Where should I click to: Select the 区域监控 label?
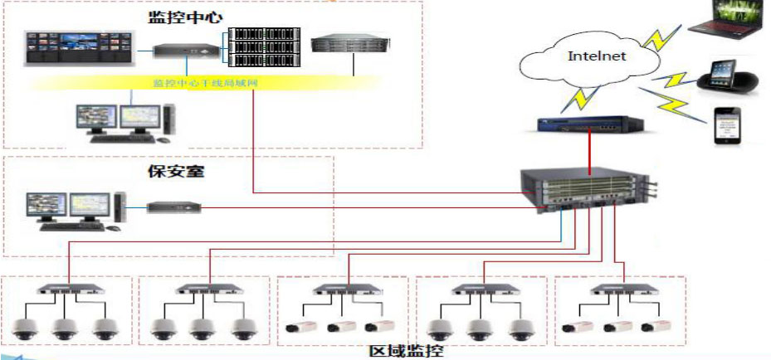(407, 350)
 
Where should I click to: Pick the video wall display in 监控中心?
(79, 49)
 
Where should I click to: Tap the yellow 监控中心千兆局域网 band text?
(207, 83)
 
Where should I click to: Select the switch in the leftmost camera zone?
(68, 291)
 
